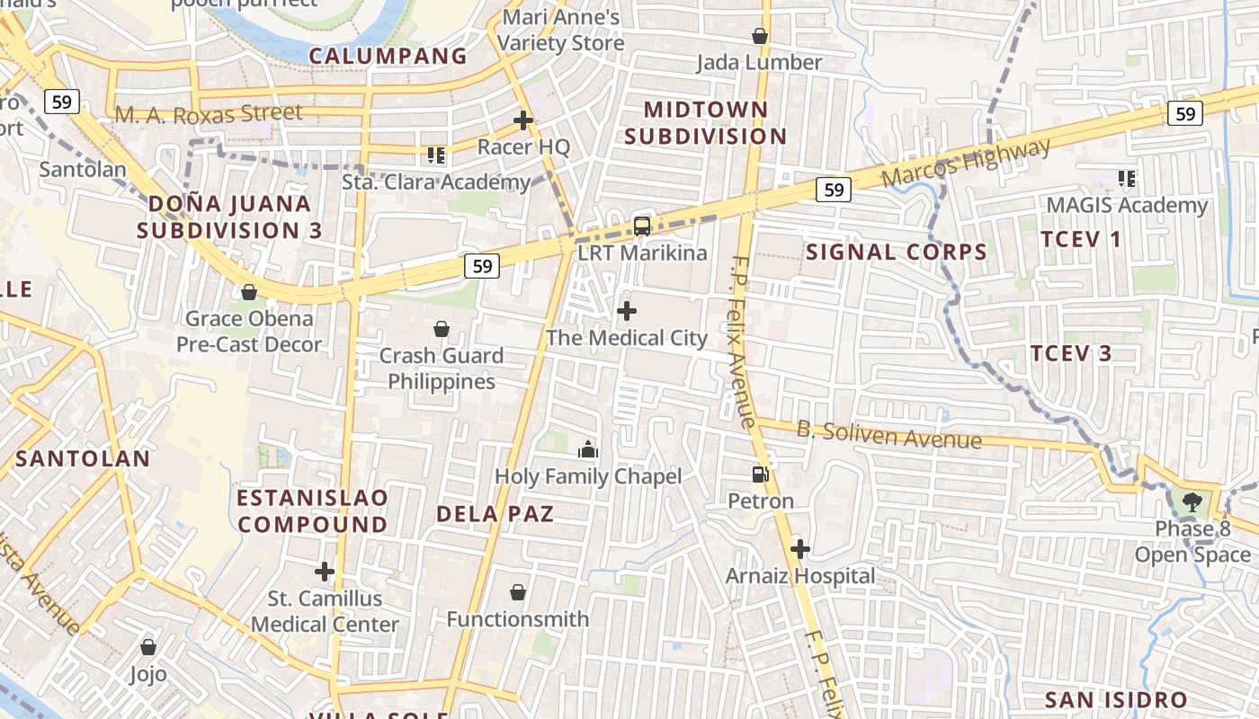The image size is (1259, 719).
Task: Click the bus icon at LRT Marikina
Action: (642, 226)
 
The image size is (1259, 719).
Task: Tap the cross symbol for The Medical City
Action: (627, 312)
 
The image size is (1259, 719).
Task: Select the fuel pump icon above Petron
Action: (761, 474)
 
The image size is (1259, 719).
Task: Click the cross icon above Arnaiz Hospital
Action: (799, 548)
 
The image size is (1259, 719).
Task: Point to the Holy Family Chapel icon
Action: (588, 449)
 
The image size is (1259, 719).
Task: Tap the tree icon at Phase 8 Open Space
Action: (1192, 502)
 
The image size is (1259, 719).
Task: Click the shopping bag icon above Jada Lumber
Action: (760, 36)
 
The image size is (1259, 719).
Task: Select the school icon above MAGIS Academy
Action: (1127, 179)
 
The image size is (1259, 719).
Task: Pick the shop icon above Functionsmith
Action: (518, 592)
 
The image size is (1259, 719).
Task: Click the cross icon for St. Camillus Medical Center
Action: (325, 572)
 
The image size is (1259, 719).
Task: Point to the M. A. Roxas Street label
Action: (209, 114)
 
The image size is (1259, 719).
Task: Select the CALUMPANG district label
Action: (388, 56)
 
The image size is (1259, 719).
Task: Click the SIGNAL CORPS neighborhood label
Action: (897, 252)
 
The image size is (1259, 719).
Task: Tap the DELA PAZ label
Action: (495, 514)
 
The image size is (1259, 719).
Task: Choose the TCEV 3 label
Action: (1071, 353)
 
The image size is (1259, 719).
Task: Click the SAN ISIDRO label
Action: (1116, 699)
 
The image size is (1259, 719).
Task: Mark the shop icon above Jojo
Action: (148, 647)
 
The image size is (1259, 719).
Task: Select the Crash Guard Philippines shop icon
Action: (442, 329)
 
